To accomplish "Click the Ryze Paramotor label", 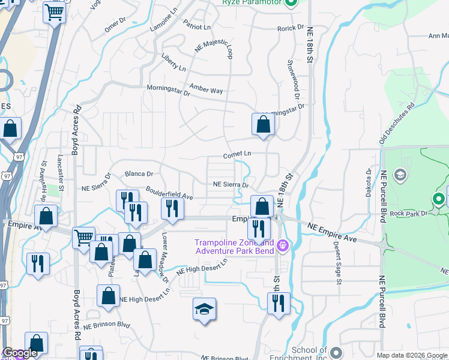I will (x=252, y=3).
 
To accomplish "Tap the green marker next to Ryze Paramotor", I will (x=291, y=3).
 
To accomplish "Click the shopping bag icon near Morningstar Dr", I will (x=263, y=125).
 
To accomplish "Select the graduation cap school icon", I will (x=204, y=310).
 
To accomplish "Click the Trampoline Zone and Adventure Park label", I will (x=234, y=247).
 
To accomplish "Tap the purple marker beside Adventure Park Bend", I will (x=283, y=245).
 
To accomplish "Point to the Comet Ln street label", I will (x=237, y=154).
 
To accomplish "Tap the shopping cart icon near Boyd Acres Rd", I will (x=83, y=237).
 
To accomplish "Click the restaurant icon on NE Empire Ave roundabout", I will (x=259, y=229).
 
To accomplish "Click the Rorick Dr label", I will (x=291, y=28).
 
